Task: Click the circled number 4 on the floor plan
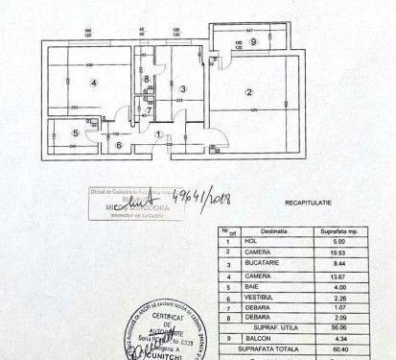click(x=93, y=84)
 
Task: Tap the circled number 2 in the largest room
click(x=248, y=92)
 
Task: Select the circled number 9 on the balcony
click(x=253, y=42)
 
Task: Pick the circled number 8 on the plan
click(x=119, y=146)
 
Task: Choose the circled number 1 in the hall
click(x=159, y=134)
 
